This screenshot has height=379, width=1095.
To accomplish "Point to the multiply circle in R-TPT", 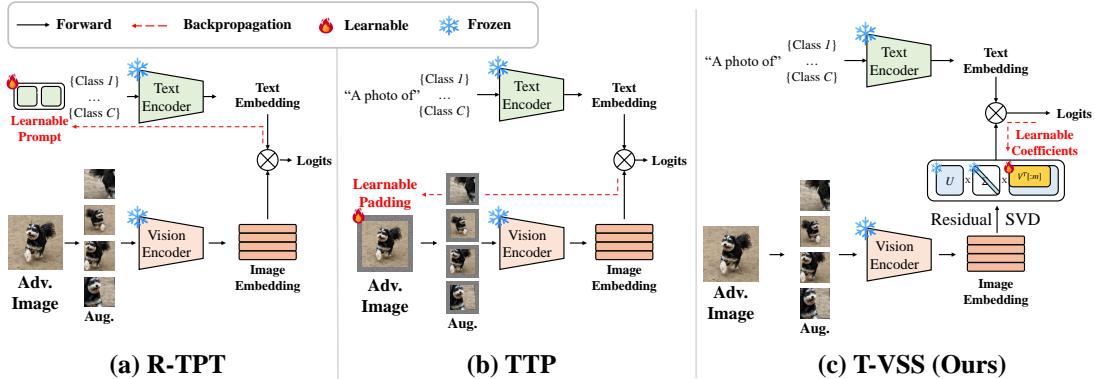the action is point(268,160).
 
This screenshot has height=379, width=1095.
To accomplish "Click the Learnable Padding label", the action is point(385,192).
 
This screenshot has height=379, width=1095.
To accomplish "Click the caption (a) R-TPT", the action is point(167,364).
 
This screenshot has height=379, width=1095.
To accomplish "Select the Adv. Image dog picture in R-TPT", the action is point(36,243).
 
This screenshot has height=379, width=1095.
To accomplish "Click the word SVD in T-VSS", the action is point(1024,219).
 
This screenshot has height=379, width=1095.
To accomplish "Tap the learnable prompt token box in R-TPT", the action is point(39,96).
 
